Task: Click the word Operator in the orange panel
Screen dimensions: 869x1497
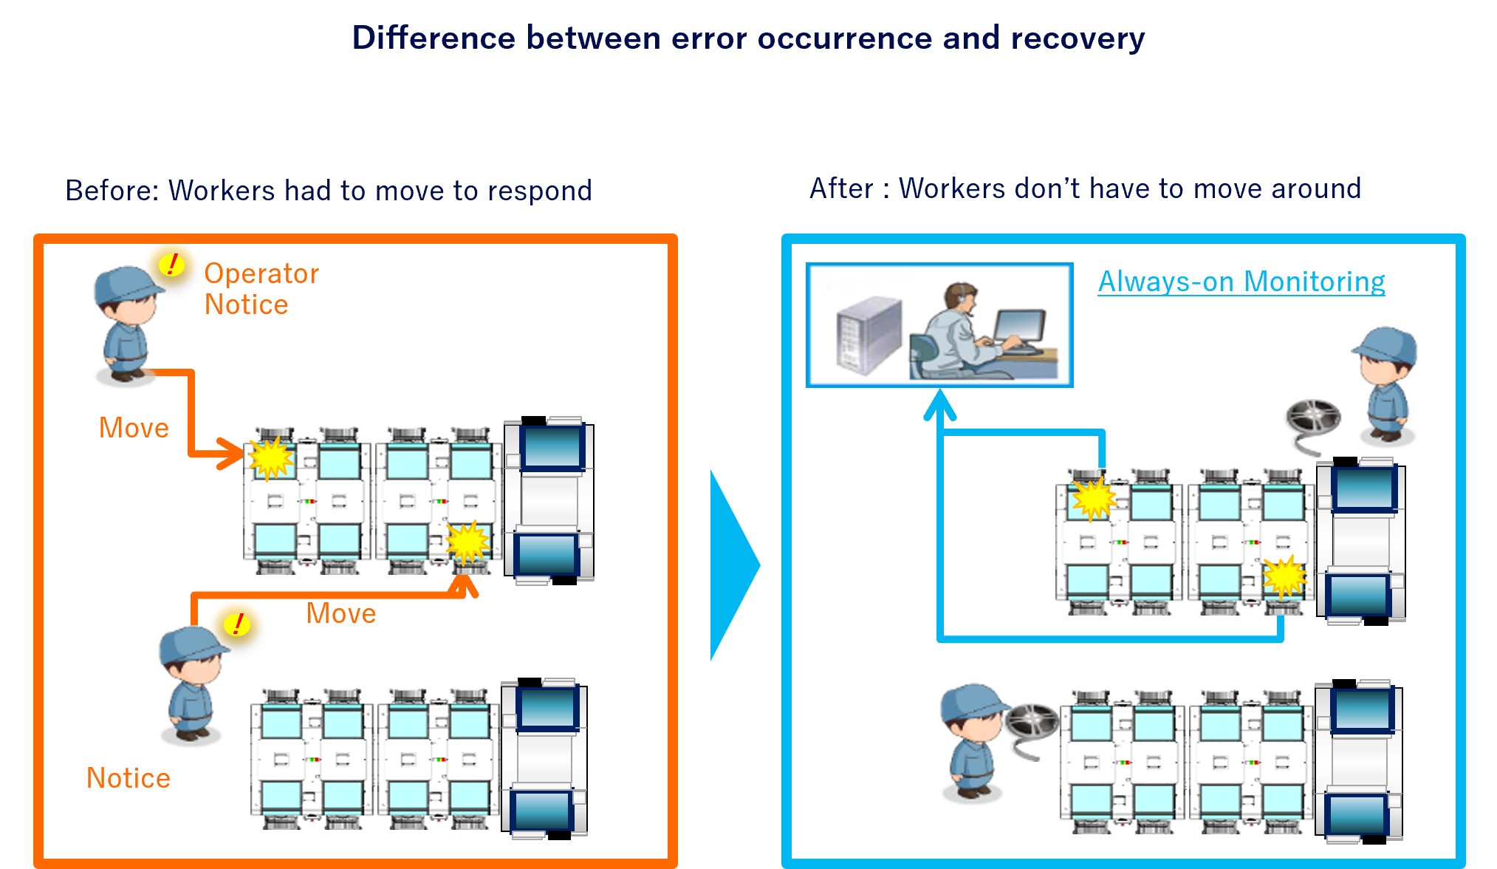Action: click(x=261, y=274)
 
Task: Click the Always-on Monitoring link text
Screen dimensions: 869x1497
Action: click(x=1241, y=282)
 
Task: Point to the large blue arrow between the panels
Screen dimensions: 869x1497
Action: click(x=733, y=565)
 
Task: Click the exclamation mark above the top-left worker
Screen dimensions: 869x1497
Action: click(x=173, y=264)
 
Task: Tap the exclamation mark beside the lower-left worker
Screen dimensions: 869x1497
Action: click(x=238, y=624)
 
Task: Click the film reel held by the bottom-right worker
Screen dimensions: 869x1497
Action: click(x=1032, y=722)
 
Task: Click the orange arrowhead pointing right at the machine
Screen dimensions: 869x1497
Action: click(x=230, y=453)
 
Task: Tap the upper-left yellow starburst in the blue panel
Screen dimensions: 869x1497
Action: click(x=1094, y=498)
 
